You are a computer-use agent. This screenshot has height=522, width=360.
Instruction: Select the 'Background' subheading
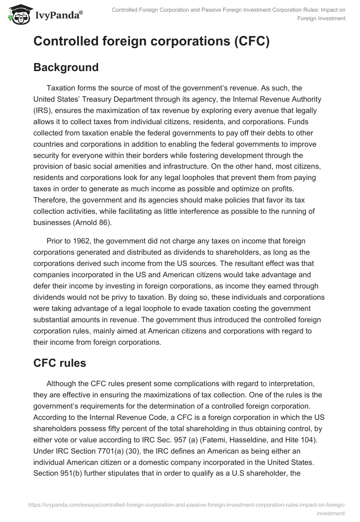coord(66,67)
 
